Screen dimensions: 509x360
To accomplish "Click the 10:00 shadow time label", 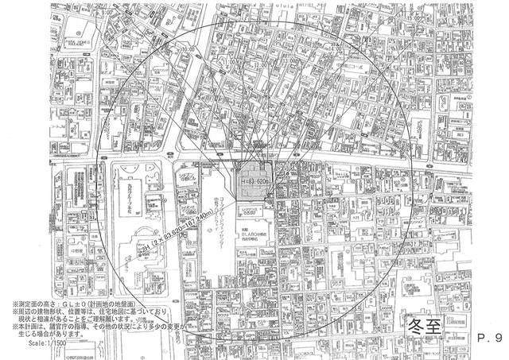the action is [x=188, y=49].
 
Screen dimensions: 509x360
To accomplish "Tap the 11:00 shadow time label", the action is [x=231, y=61].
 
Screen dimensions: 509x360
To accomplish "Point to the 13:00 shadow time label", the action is [x=288, y=60].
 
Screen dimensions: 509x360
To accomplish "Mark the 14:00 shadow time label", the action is [x=332, y=48].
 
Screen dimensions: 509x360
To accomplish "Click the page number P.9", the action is [x=488, y=338].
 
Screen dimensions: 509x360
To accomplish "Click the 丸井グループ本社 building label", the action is [x=130, y=192].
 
